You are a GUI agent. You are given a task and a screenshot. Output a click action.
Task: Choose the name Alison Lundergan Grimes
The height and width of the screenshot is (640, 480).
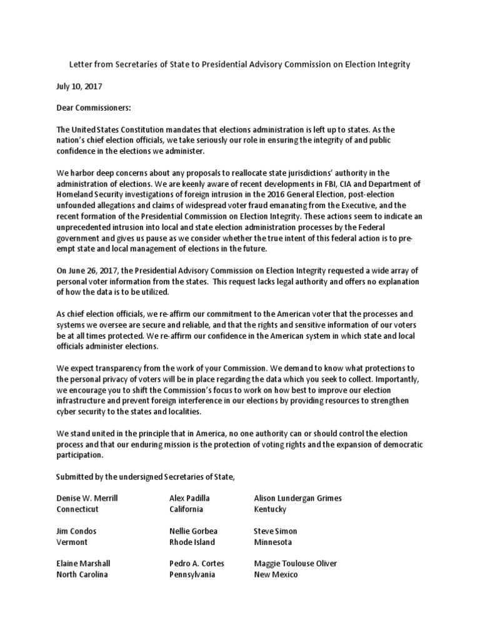point(297,498)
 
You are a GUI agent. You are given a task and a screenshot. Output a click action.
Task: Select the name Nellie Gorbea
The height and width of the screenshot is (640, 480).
point(193,531)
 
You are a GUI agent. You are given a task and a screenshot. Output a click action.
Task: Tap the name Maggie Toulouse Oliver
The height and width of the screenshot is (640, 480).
point(295,564)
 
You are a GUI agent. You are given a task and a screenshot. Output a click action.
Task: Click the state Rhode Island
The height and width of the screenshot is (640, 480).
point(192,542)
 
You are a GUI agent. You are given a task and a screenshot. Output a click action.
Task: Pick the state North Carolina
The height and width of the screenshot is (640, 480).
point(82,575)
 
